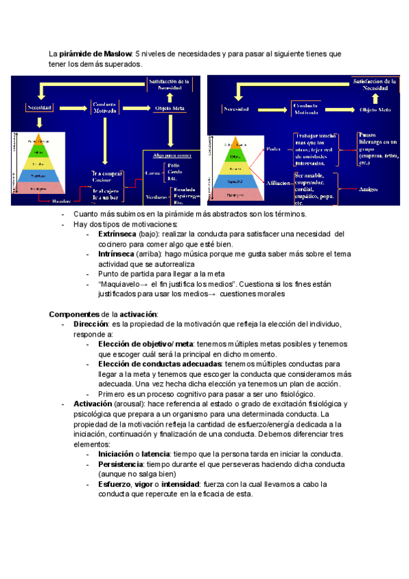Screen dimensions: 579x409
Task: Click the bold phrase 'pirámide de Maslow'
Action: [x=95, y=53]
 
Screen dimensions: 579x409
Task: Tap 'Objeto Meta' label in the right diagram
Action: [x=375, y=109]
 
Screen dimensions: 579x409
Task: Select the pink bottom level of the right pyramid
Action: [x=235, y=194]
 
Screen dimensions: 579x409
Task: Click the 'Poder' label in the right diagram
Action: [x=273, y=148]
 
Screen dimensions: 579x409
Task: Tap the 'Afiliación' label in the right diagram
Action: [x=275, y=184]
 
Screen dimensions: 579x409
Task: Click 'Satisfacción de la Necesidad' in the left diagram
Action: [x=170, y=84]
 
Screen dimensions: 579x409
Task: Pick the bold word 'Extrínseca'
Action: [x=117, y=234]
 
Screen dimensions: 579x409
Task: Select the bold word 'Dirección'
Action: [x=91, y=324]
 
